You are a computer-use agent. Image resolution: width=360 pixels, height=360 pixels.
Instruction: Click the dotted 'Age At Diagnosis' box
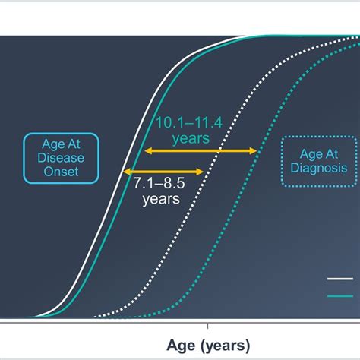tap(317, 160)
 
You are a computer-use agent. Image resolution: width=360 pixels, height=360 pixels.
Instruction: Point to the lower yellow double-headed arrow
tap(164, 172)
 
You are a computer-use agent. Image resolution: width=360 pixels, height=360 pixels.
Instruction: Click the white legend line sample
tap(339, 280)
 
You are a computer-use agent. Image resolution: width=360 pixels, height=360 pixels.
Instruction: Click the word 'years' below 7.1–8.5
tap(160, 201)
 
